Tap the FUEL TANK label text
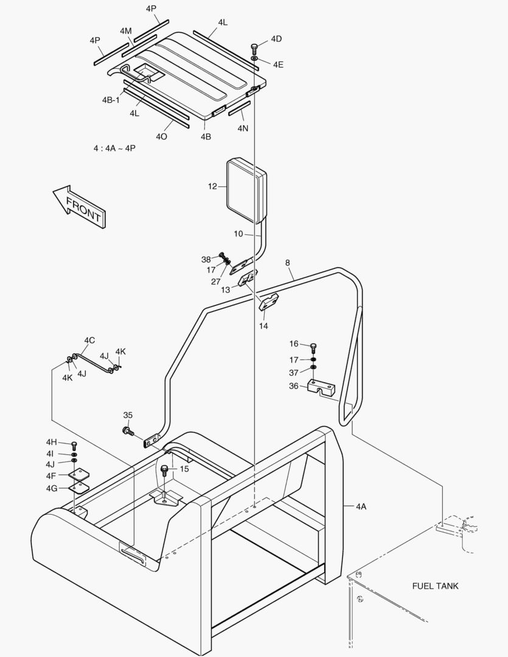pos(435,586)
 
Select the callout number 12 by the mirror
pos(212,187)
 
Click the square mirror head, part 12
pos(246,189)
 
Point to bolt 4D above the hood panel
pos(254,48)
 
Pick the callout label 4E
pos(278,64)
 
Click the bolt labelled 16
pos(313,347)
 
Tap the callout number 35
pos(128,415)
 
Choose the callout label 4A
pos(361,506)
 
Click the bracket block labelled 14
pos(268,302)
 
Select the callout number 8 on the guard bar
pos(288,263)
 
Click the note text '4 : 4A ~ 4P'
pos(115,148)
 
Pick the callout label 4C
pos(89,341)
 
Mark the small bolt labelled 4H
pos(74,445)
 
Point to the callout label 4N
pos(243,128)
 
